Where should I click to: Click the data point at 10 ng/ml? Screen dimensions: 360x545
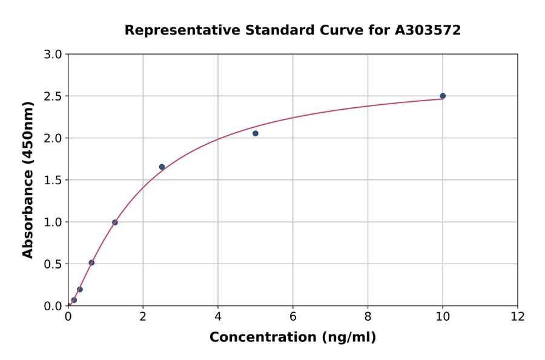click(x=443, y=96)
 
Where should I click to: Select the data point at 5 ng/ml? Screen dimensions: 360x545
click(x=256, y=133)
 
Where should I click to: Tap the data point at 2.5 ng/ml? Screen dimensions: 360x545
click(x=162, y=167)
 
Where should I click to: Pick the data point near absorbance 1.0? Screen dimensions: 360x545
click(x=115, y=222)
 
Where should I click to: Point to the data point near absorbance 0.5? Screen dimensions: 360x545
click(x=91, y=262)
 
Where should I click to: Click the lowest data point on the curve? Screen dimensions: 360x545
click(x=74, y=300)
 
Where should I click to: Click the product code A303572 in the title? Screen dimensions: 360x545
click(x=428, y=30)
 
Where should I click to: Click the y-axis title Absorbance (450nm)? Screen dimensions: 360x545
click(x=28, y=180)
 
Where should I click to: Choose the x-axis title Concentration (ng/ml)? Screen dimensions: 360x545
click(x=292, y=338)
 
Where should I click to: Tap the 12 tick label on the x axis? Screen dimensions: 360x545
click(x=518, y=316)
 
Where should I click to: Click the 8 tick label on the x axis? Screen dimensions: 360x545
click(x=368, y=316)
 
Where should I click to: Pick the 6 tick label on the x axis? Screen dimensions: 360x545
click(x=292, y=316)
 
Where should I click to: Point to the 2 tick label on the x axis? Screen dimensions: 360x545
click(x=143, y=316)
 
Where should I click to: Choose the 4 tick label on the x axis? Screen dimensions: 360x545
click(x=218, y=316)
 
